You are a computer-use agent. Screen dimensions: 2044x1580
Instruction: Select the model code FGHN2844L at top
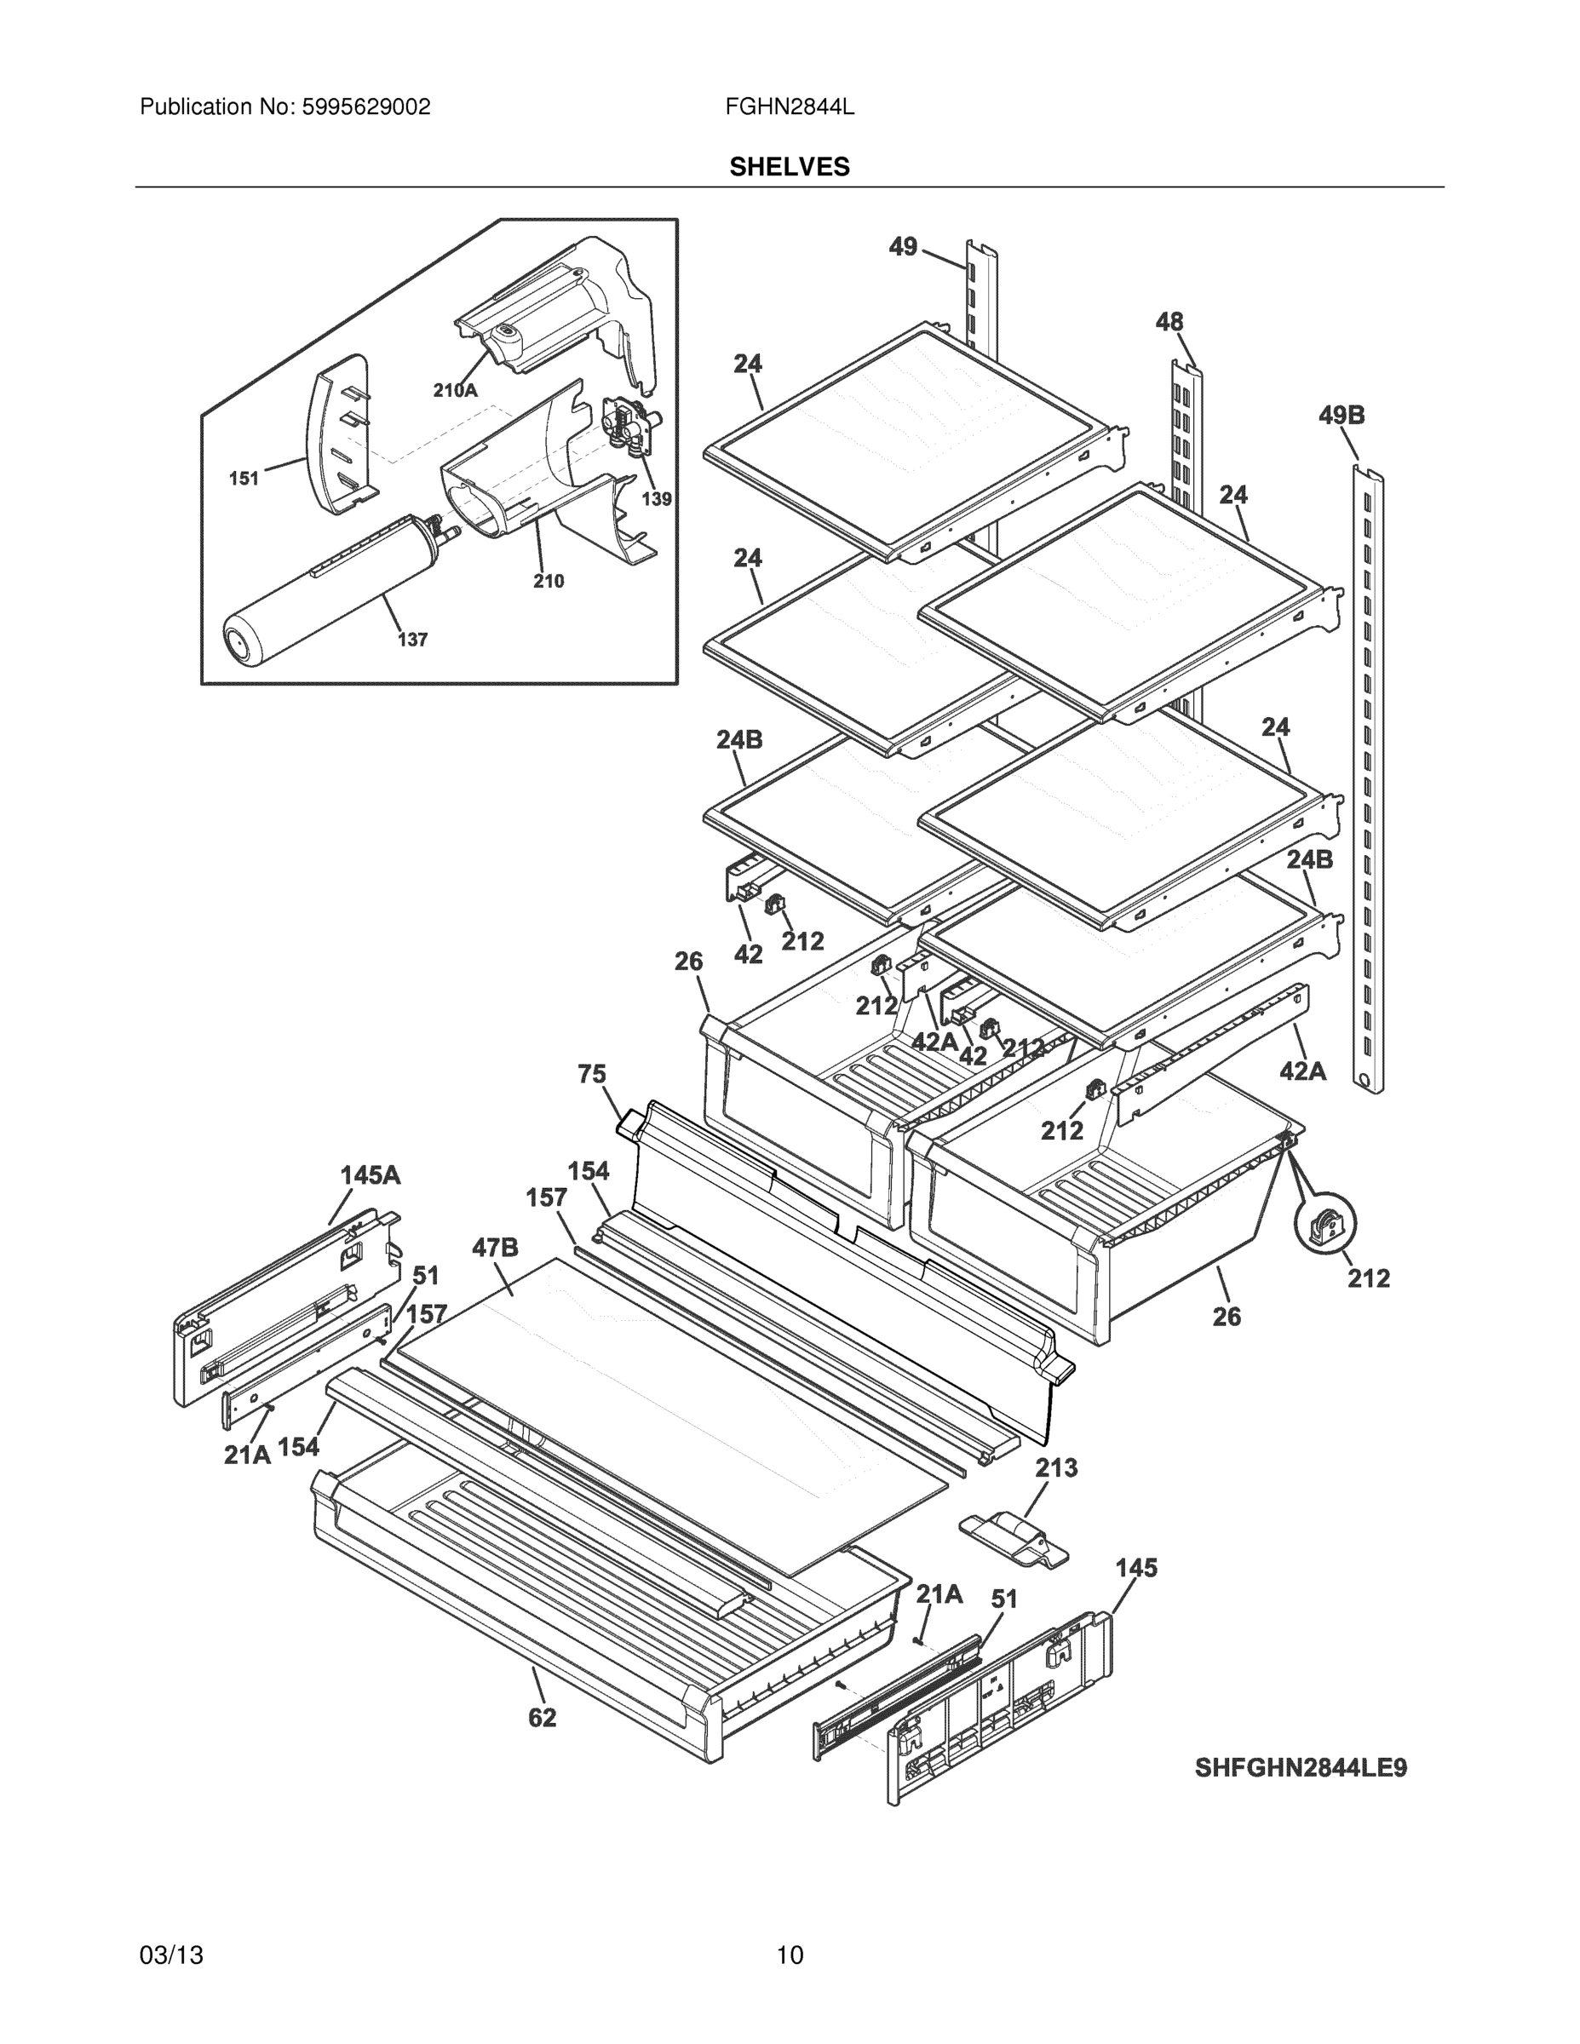(x=789, y=107)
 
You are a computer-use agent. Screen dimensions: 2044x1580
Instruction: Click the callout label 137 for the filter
(x=412, y=640)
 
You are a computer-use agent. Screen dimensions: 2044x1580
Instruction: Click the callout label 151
(x=244, y=479)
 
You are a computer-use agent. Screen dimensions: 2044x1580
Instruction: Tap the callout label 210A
(x=455, y=390)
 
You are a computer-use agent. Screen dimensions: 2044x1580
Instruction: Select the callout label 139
(x=656, y=499)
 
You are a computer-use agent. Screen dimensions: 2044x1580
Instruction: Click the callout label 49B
(x=1342, y=415)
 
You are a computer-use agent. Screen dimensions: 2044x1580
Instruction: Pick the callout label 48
(x=1169, y=322)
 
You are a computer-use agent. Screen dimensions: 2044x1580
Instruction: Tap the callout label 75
(x=592, y=1075)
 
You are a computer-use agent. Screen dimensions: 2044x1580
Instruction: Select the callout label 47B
(x=495, y=1248)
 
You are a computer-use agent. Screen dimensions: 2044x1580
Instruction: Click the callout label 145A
(x=370, y=1174)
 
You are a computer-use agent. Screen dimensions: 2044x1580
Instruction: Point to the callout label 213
(x=1056, y=1467)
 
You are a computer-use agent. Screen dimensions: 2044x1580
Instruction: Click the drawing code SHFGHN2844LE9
(x=1300, y=1768)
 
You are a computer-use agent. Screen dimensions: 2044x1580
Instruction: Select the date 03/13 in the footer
(x=171, y=1955)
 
